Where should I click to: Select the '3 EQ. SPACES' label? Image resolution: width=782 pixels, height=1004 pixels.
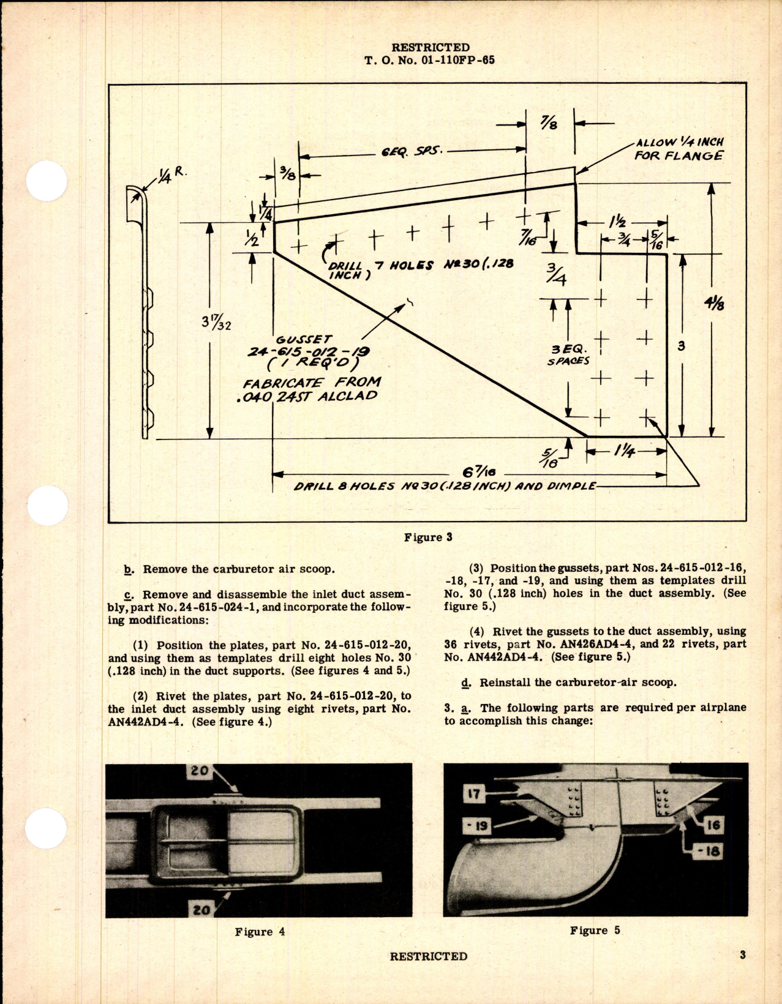569,354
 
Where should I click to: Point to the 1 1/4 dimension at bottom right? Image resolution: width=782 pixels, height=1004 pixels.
625,452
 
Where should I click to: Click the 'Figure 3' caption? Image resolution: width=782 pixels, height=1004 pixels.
427,537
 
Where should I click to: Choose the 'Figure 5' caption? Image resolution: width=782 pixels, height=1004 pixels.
595,930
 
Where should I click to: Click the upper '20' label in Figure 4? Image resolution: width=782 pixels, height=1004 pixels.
199,771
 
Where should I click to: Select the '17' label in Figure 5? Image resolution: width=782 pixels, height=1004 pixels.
474,795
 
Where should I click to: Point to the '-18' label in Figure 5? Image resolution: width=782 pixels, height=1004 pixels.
711,850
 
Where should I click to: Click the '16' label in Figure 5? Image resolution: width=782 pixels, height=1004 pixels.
713,825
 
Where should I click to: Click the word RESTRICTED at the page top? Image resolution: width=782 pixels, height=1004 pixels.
430,47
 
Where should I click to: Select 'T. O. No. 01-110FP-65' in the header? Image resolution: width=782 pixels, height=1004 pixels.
429,60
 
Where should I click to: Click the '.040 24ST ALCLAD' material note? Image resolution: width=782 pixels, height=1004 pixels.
310,395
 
